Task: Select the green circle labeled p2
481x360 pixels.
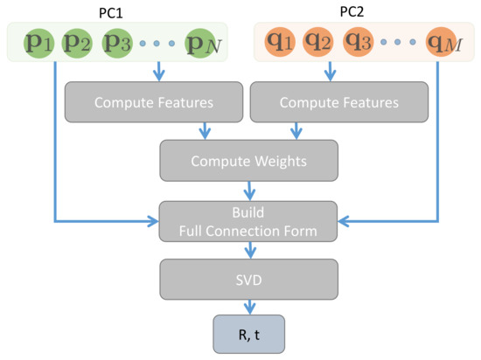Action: point(76,42)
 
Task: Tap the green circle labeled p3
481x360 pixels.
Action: point(118,42)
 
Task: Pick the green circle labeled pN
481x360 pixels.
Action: point(200,42)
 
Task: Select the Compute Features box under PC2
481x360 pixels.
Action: point(338,102)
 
